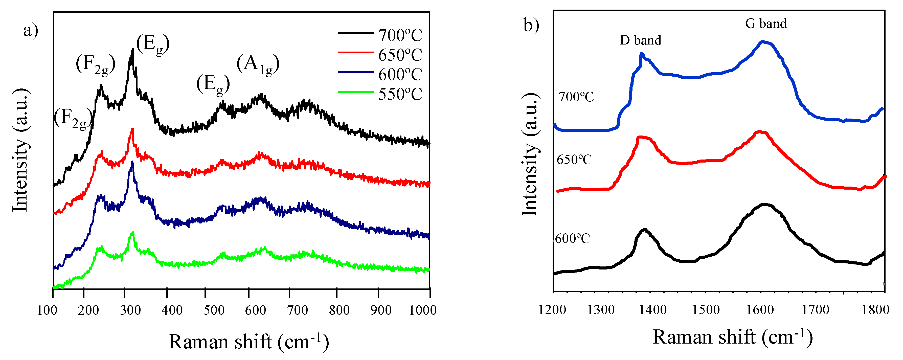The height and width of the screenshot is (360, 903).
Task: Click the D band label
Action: pyautogui.click(x=640, y=40)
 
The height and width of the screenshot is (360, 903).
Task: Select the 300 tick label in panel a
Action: pyautogui.click(x=130, y=310)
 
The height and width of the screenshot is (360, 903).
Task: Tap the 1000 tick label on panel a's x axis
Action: pyautogui.click(x=423, y=310)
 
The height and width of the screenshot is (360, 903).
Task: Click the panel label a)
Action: pyautogui.click(x=31, y=31)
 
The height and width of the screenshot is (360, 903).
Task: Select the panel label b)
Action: pyautogui.click(x=531, y=25)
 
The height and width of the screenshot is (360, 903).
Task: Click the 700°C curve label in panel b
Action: pyautogui.click(x=576, y=97)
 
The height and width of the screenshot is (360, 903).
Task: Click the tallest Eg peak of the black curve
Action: pyautogui.click(x=132, y=50)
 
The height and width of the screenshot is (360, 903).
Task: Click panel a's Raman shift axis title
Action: pyautogui.click(x=249, y=342)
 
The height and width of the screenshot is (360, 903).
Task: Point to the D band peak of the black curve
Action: pyautogui.click(x=644, y=229)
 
